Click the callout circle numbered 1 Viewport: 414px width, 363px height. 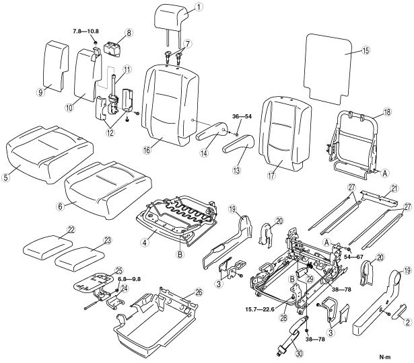coord(199,7)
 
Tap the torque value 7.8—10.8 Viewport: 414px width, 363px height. coord(85,31)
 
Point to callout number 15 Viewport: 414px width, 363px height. coord(366,50)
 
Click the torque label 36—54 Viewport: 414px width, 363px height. coord(242,116)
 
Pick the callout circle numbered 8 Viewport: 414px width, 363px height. coord(129,33)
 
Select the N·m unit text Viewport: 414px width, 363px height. coord(385,357)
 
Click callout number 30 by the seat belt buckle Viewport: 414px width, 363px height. coord(298,354)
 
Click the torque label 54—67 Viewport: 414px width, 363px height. coord(353,257)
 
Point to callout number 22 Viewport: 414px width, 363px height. coord(71,229)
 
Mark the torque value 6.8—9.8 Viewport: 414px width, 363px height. coord(129,279)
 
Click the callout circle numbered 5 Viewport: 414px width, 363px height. coord(5,177)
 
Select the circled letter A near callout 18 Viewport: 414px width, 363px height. coord(384,173)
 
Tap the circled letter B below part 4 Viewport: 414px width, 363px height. coord(180,254)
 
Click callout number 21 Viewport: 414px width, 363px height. coord(394,188)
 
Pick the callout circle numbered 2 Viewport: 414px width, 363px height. coord(408,321)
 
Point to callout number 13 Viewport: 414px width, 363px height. coord(236,170)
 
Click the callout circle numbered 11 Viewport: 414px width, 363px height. coord(127,69)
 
